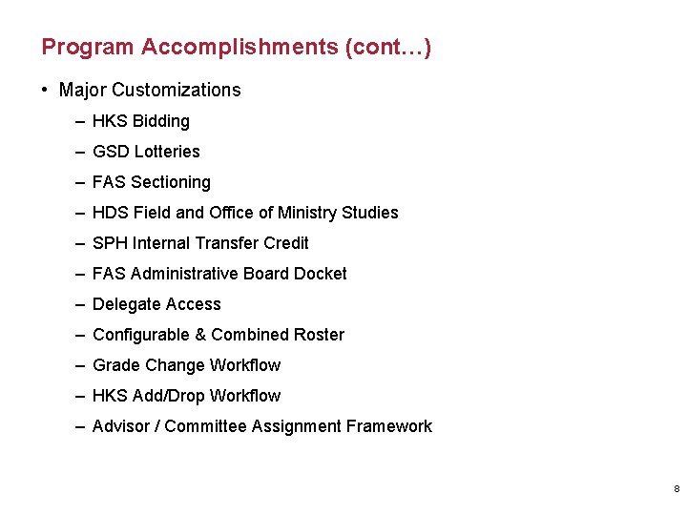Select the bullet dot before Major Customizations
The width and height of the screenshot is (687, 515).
point(45,91)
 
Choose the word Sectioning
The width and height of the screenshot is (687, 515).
point(171,182)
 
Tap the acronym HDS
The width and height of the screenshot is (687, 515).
point(111,213)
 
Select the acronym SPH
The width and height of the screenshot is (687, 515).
point(110,243)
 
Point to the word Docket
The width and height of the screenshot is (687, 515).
point(321,274)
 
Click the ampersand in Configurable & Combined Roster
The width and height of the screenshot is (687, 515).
point(200,335)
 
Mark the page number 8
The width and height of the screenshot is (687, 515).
point(676,489)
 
